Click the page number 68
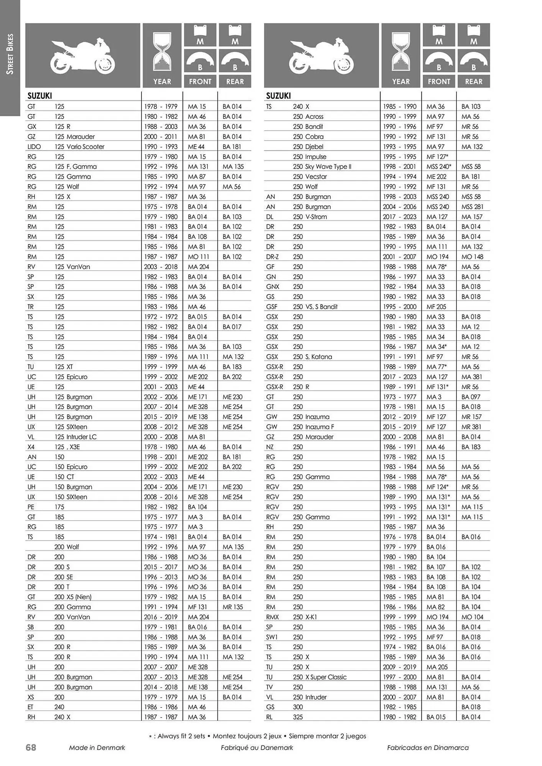(31, 747)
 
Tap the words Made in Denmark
(97, 748)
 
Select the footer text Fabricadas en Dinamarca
(428, 748)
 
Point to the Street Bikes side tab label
(10, 54)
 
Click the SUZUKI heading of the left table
(39, 96)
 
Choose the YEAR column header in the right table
(401, 82)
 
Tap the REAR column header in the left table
(235, 82)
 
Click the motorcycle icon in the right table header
(321, 56)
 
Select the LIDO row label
(34, 147)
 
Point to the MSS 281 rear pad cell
(472, 207)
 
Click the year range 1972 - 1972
(161, 317)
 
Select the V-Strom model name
(316, 217)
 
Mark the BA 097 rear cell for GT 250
(471, 397)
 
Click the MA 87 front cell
(197, 177)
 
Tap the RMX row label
(273, 617)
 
